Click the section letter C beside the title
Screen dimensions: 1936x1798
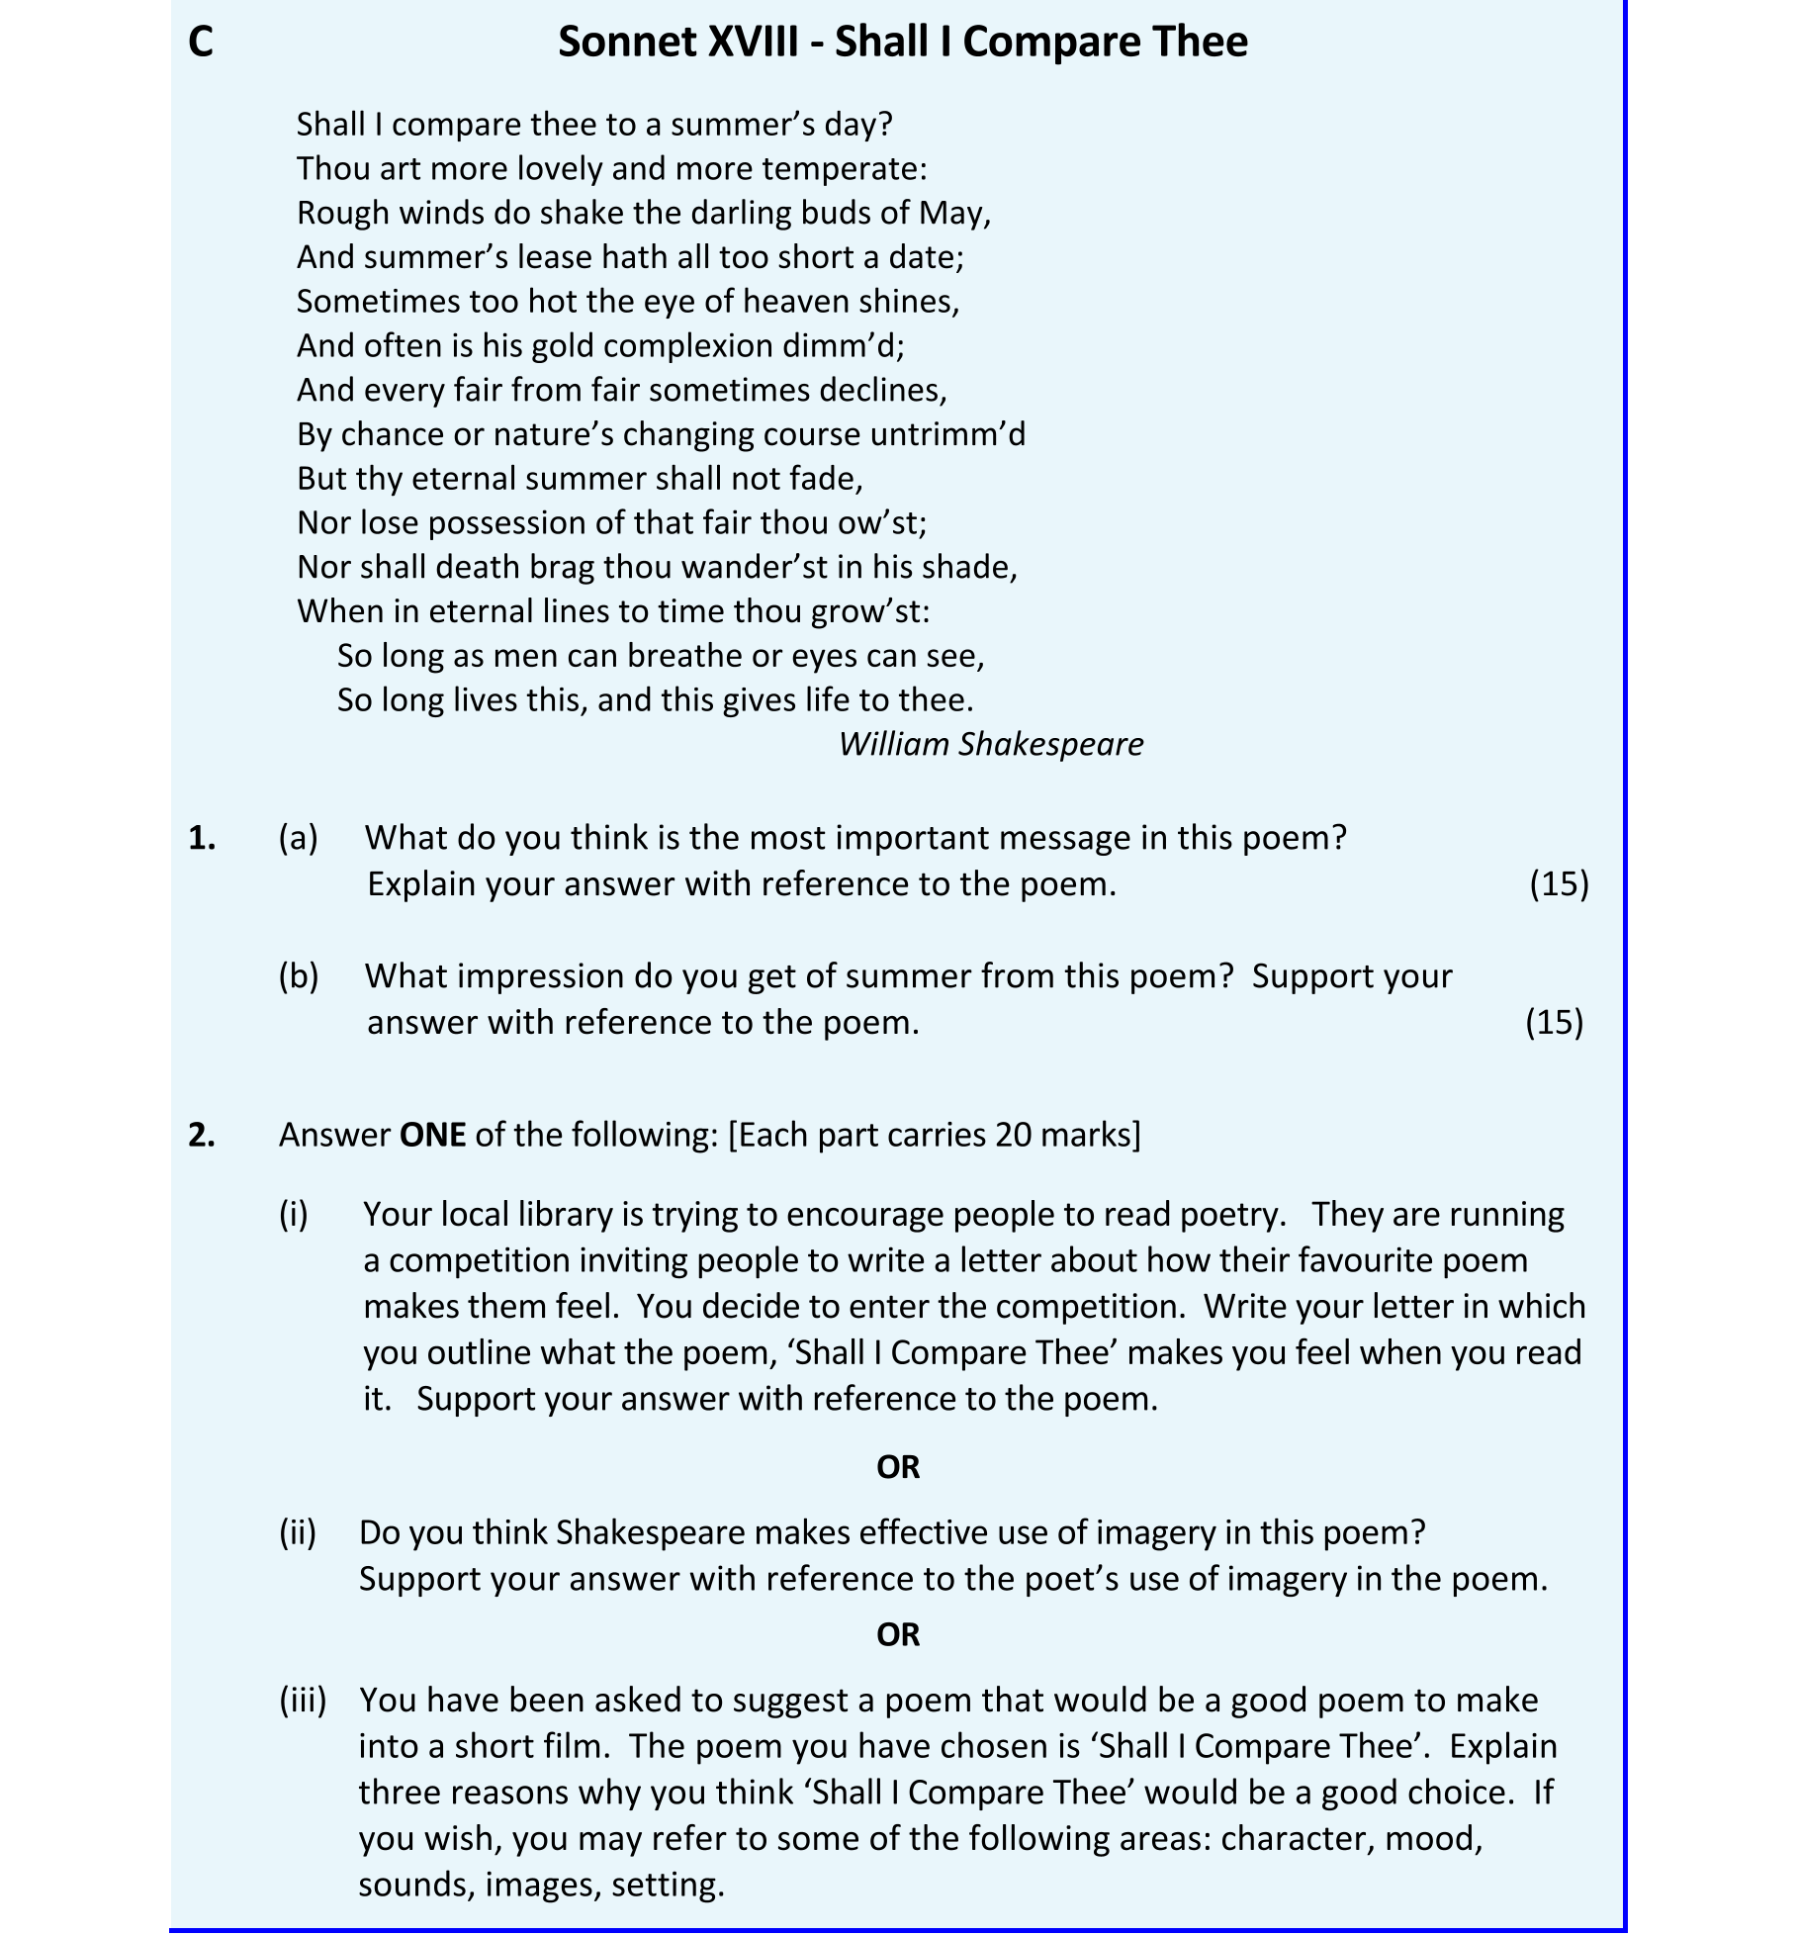(x=200, y=43)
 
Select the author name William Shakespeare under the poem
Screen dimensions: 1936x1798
(x=990, y=744)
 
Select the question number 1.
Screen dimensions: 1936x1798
(x=202, y=838)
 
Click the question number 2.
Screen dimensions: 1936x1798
(x=202, y=1135)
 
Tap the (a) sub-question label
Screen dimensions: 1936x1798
(x=298, y=838)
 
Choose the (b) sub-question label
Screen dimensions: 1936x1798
(x=298, y=976)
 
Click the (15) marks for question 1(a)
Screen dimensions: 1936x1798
(x=1559, y=883)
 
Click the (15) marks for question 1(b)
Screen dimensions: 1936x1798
(x=1554, y=1022)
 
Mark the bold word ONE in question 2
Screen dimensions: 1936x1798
(x=432, y=1135)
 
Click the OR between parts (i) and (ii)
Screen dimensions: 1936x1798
(x=898, y=1467)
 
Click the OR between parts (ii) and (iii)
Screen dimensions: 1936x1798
(x=898, y=1634)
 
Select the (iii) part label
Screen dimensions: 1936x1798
(x=303, y=1700)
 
